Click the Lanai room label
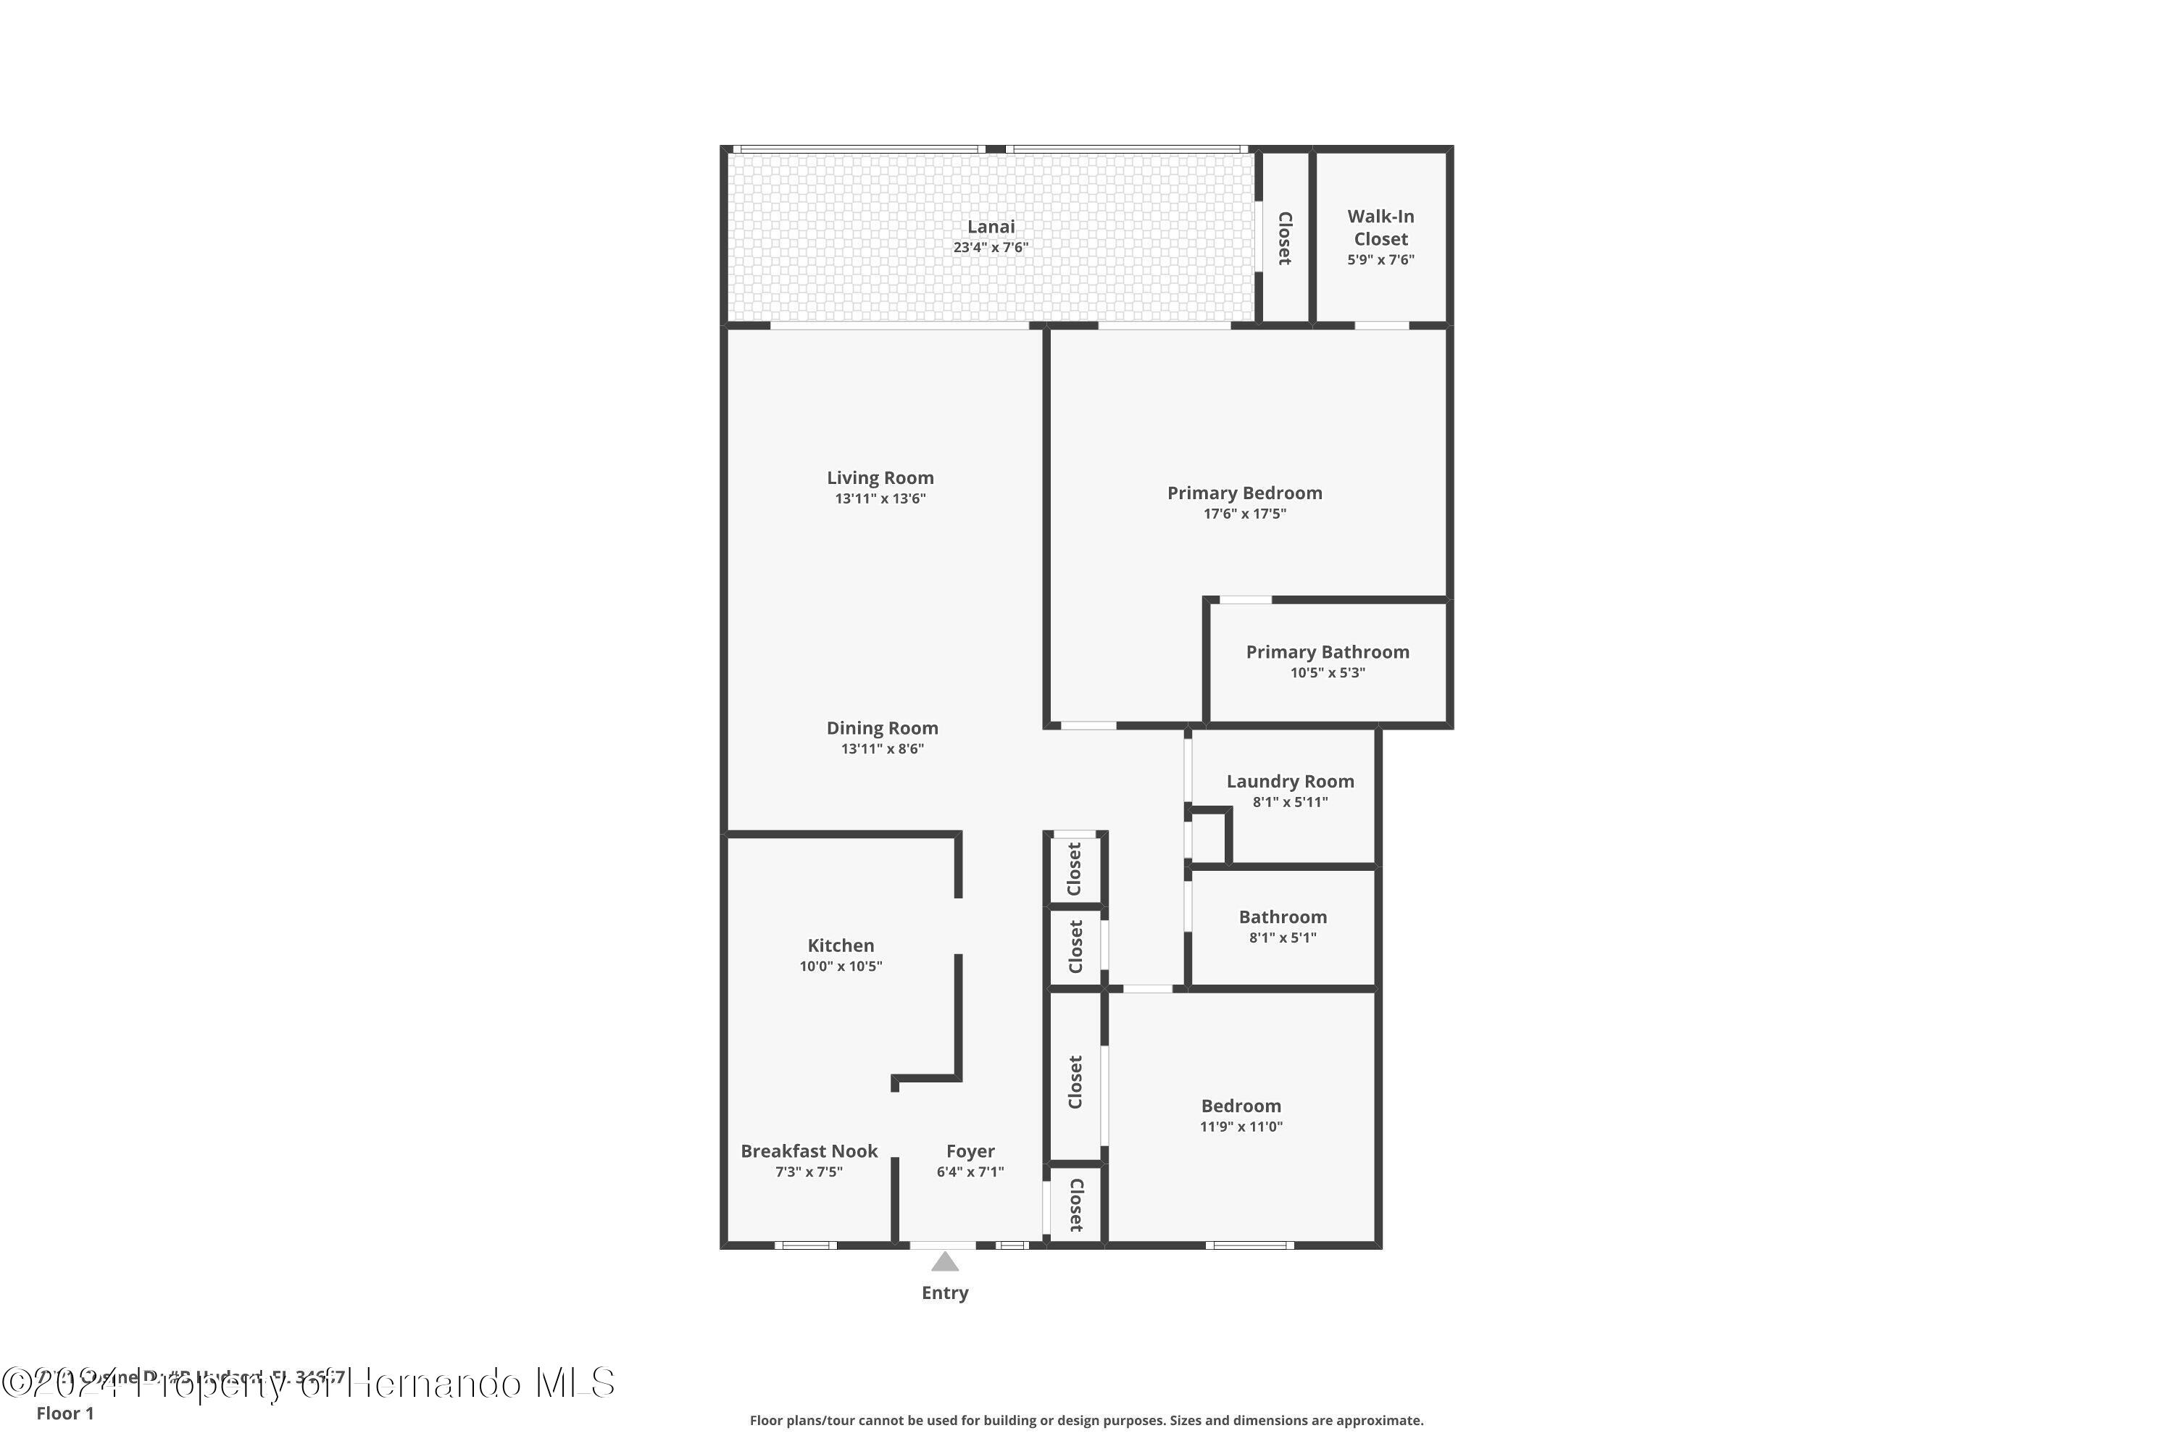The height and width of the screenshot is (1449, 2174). tap(990, 226)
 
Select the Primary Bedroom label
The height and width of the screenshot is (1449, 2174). tap(1244, 493)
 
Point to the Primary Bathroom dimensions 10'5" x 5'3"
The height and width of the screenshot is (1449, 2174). tap(1328, 673)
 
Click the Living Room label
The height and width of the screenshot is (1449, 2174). tap(880, 477)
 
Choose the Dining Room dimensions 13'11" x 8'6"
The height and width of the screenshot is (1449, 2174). tap(882, 748)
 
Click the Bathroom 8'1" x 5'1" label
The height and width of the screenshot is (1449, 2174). tap(1282, 916)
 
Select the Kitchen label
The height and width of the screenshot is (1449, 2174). tap(840, 945)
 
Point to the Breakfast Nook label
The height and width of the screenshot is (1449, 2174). tap(809, 1151)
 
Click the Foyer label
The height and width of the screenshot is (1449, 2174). tap(970, 1151)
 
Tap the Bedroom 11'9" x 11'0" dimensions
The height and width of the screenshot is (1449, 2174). tap(1241, 1127)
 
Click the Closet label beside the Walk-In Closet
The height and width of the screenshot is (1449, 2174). tap(1284, 238)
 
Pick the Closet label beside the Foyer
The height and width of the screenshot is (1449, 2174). tap(1075, 1205)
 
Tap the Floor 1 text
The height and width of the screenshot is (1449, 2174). tap(64, 1413)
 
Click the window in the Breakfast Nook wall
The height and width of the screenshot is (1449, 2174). tap(805, 1245)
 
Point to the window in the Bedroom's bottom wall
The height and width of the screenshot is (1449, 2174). tap(1249, 1245)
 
